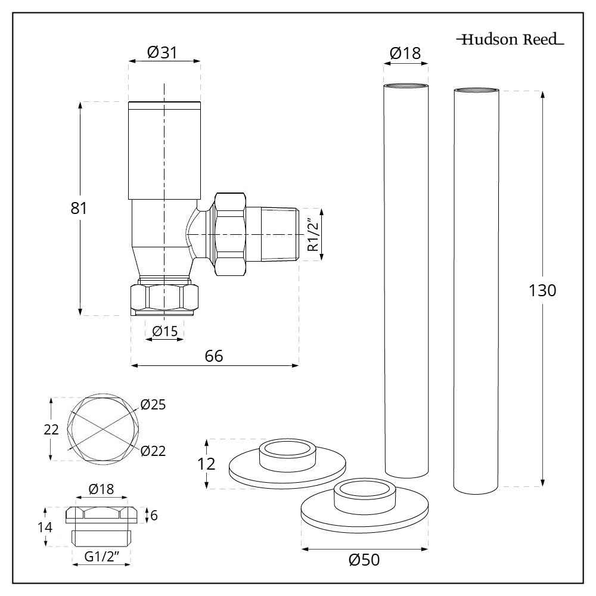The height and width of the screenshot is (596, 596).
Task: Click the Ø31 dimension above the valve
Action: coord(164,52)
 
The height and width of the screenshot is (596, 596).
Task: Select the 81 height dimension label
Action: coord(78,209)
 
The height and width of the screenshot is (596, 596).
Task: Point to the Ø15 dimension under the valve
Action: coord(164,331)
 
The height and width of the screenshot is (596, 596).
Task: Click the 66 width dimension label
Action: coord(214,356)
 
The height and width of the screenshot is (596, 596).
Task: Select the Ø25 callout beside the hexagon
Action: coord(153,405)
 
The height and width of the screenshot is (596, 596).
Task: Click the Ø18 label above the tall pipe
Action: coord(405,53)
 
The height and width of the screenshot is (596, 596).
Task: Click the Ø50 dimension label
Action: coord(364,560)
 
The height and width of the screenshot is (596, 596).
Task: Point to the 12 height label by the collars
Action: coord(206,464)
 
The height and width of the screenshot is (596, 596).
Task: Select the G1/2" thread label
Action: coord(101,557)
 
